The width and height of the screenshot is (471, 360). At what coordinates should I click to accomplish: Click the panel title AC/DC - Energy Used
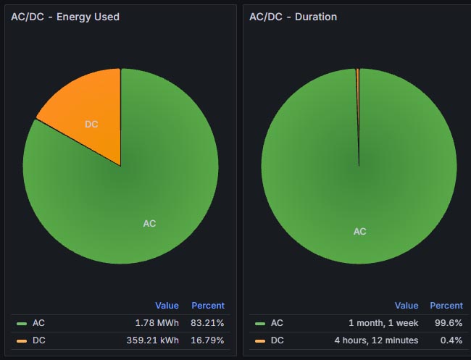[65, 17]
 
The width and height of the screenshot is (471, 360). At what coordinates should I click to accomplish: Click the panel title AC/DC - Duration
[293, 17]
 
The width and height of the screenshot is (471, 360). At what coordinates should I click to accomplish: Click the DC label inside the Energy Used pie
[91, 125]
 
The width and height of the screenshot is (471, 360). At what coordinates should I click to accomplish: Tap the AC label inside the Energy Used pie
[149, 224]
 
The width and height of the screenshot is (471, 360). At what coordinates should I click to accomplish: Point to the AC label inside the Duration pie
[359, 232]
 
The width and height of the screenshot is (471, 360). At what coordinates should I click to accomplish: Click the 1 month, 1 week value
[382, 323]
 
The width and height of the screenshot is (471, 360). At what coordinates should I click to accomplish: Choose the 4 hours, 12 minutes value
[376, 340]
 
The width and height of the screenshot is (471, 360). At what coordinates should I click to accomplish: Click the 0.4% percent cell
[451, 340]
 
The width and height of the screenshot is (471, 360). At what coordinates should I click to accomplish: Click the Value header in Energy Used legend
[167, 306]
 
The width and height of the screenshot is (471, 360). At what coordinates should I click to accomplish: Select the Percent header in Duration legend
[446, 306]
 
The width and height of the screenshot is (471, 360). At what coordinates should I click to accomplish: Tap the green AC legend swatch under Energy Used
[22, 324]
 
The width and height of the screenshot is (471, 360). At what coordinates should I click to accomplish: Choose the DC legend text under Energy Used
[38, 340]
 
